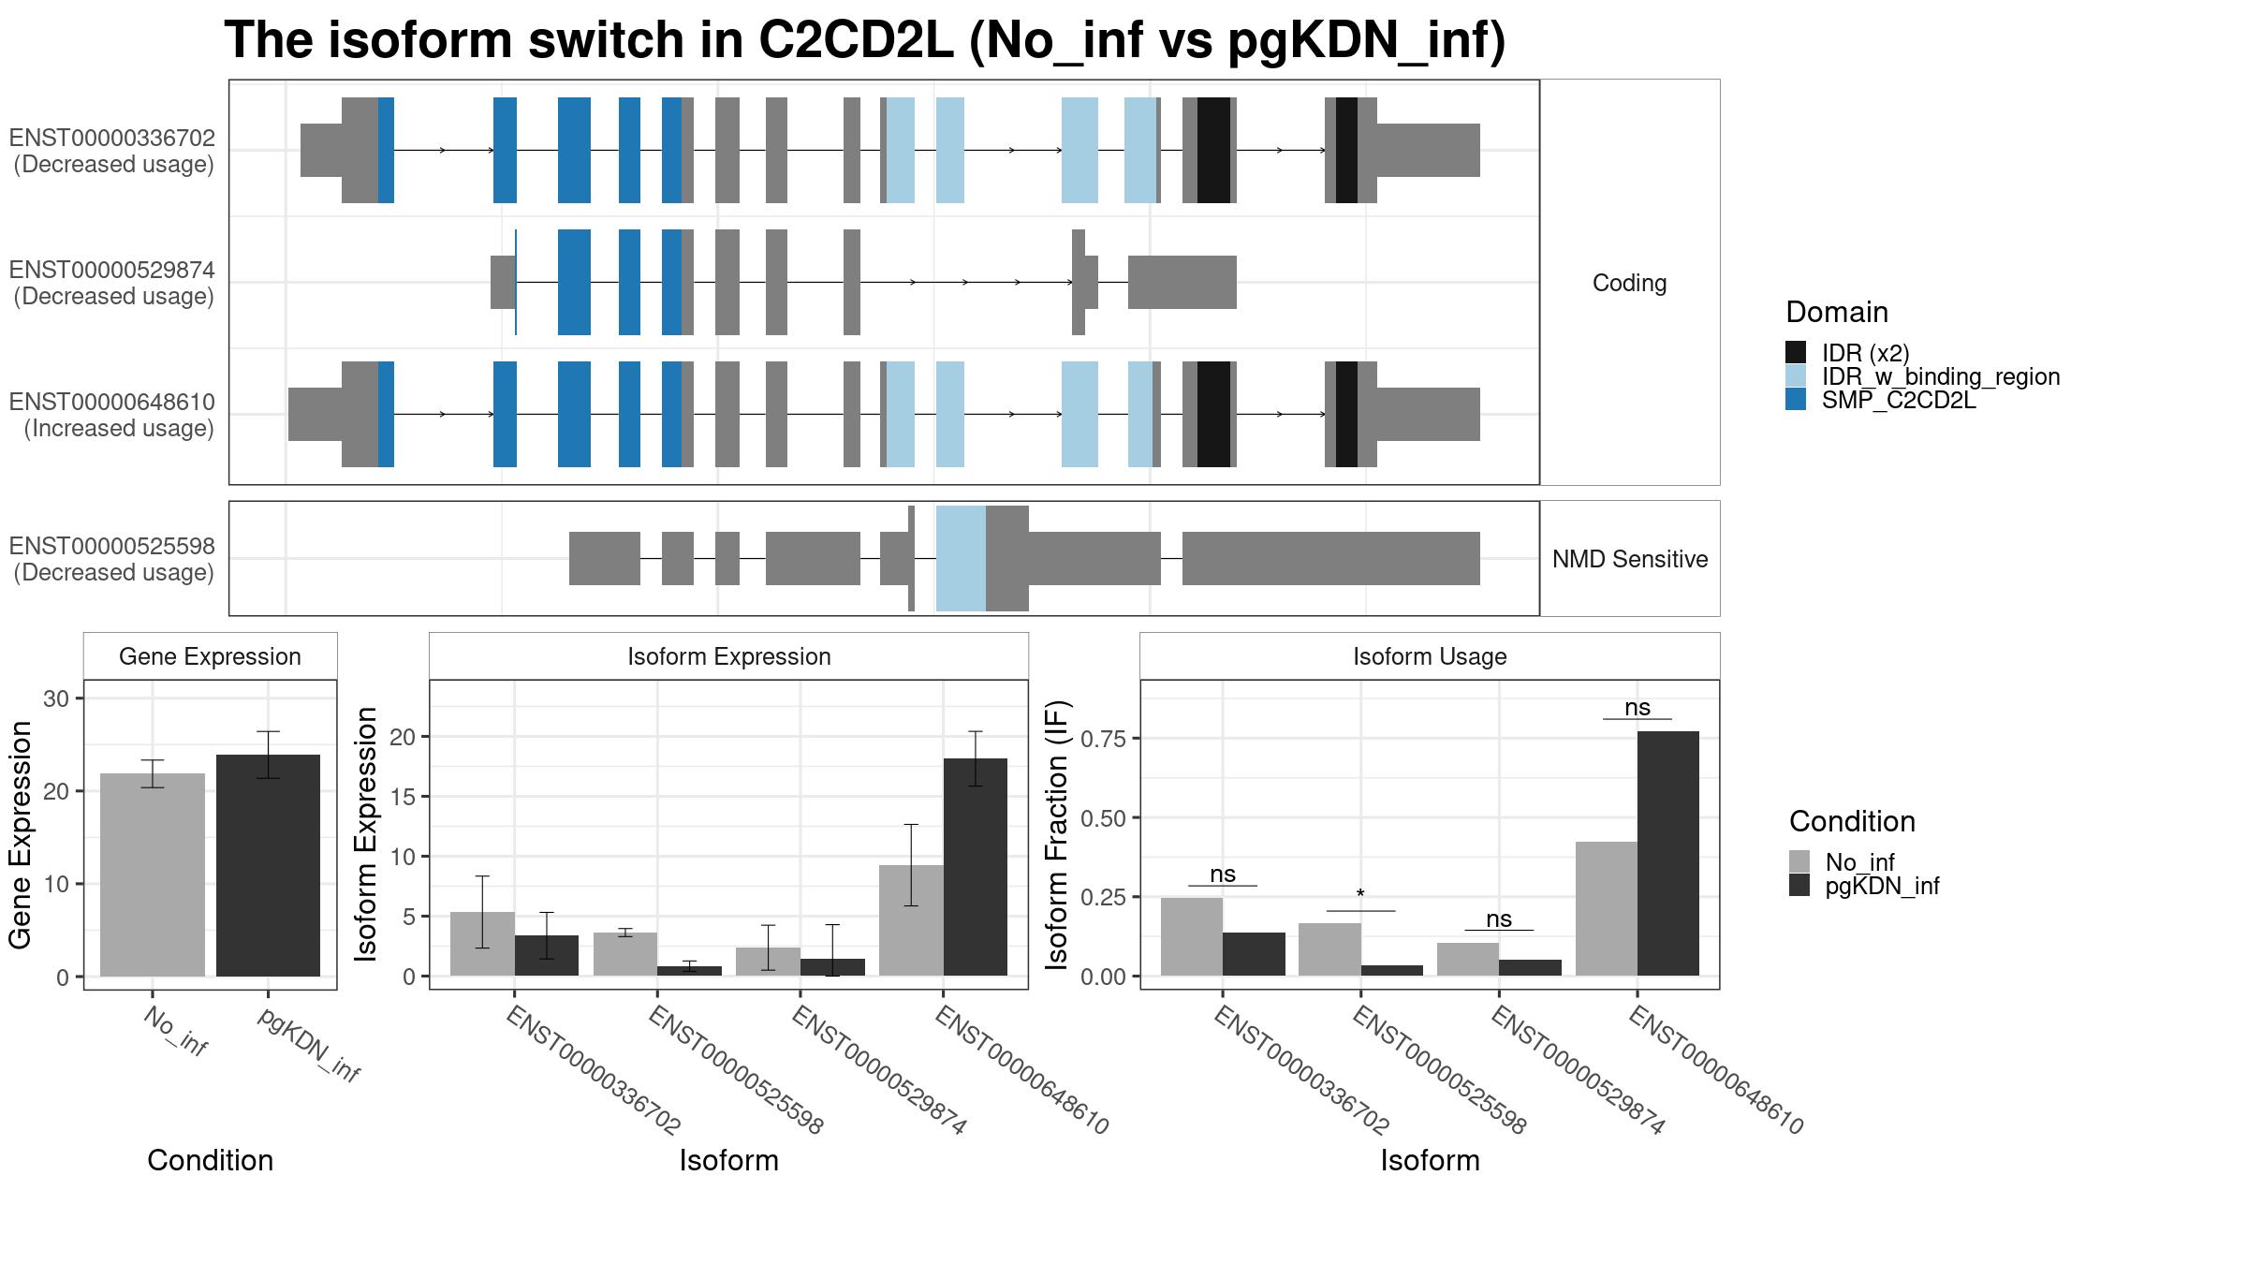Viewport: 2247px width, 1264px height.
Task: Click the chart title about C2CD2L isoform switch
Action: coord(864,41)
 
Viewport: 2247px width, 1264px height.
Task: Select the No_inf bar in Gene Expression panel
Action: coord(153,875)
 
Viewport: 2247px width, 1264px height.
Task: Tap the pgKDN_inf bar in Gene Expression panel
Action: coord(268,865)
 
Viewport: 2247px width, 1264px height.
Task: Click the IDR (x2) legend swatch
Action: coord(1796,353)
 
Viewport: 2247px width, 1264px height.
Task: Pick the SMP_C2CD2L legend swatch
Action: coord(1796,400)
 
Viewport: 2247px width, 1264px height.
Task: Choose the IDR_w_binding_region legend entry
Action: coord(1940,376)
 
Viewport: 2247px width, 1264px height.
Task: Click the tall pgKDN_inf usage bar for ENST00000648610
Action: coord(1667,853)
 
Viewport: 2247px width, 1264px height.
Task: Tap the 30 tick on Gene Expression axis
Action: coord(56,698)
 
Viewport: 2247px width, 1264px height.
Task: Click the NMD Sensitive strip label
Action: coord(1629,559)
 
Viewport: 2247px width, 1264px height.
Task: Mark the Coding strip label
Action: coord(1629,283)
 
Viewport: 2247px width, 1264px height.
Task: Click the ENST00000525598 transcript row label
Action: coord(113,559)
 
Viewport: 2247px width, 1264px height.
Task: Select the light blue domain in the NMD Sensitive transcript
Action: coord(961,558)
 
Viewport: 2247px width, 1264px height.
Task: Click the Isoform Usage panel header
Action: coord(1430,656)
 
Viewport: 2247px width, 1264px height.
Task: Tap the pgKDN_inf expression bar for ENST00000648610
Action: coord(976,867)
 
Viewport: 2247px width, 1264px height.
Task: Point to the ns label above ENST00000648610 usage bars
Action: coord(1638,708)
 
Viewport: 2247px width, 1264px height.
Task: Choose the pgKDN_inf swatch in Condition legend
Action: coord(1799,886)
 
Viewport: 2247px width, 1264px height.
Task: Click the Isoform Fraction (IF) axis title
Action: coord(1058,834)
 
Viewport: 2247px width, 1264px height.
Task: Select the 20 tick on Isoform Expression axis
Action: coord(402,737)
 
